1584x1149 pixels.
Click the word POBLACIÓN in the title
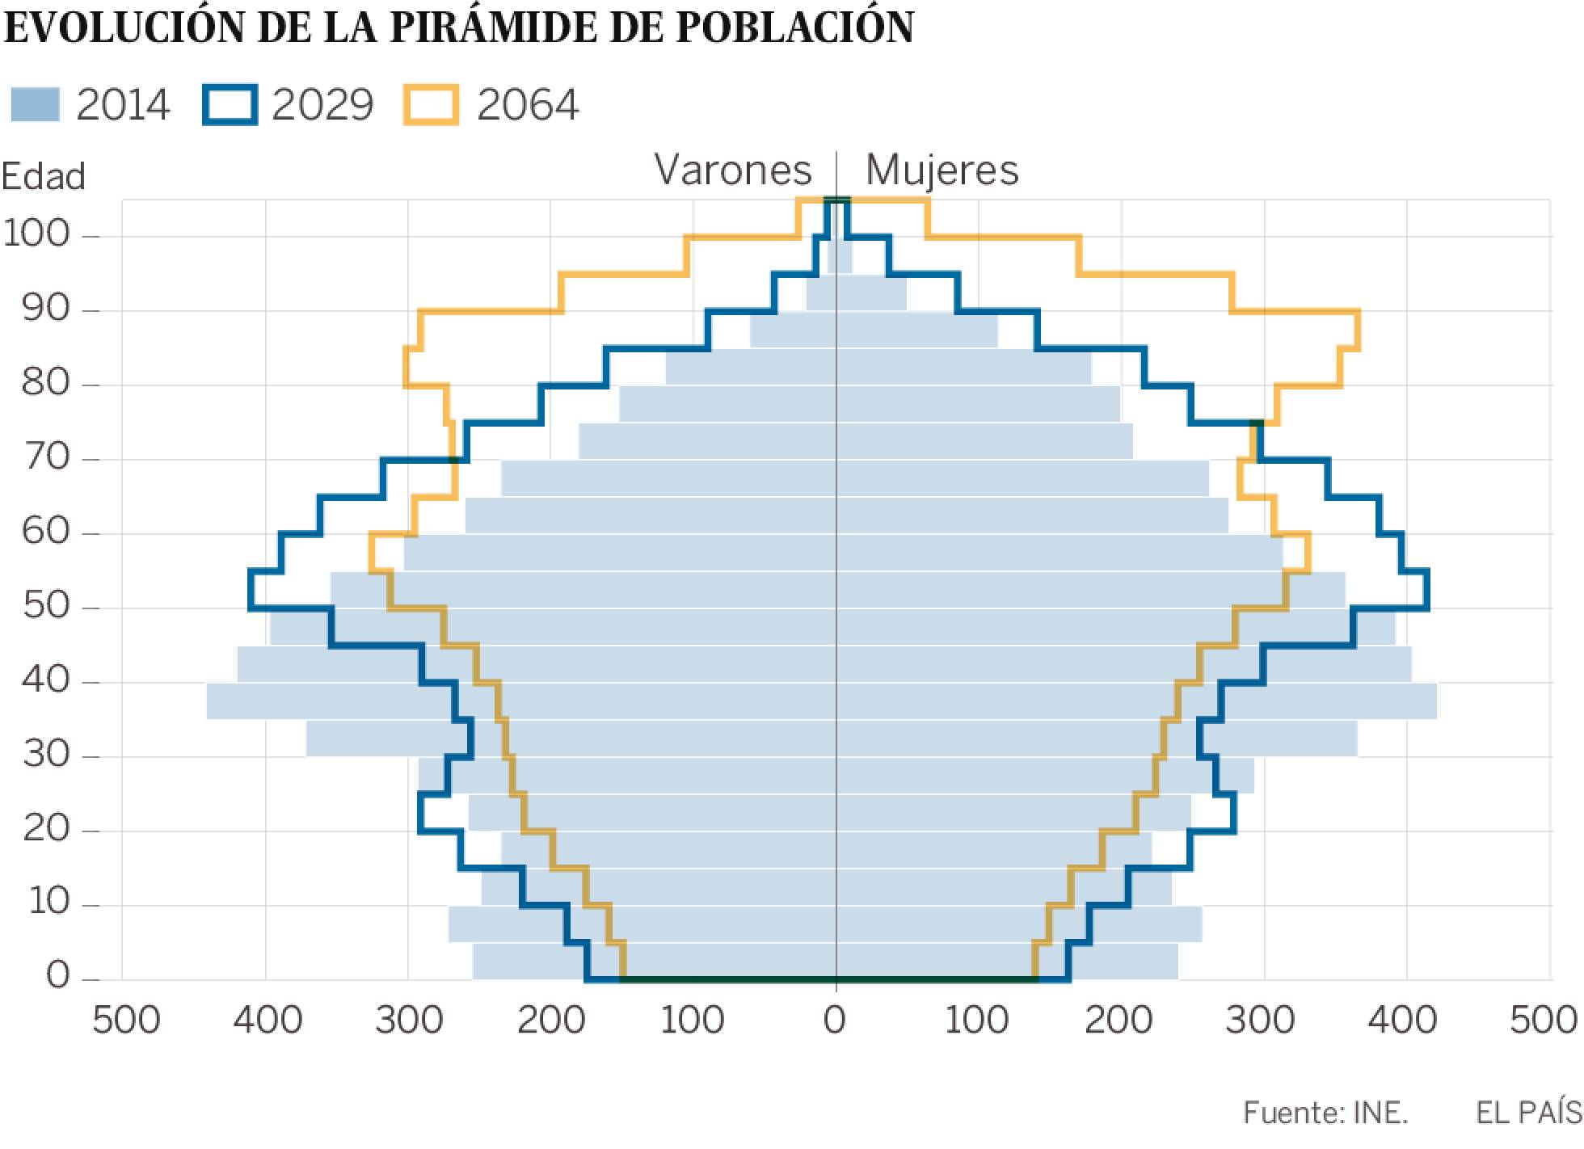click(794, 27)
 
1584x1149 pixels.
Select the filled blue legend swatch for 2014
click(35, 105)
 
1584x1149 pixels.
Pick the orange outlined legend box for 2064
click(431, 105)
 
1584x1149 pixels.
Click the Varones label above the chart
click(732, 170)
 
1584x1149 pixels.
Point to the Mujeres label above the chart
click(942, 170)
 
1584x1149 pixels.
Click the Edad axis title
click(43, 176)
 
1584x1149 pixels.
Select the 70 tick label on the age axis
click(46, 457)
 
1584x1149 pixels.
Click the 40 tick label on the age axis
click(46, 680)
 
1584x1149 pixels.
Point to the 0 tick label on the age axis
click(58, 976)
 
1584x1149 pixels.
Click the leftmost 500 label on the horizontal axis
click(126, 1021)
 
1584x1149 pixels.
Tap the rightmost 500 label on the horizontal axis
click(1544, 1021)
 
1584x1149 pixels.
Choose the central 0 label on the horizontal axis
click(835, 1021)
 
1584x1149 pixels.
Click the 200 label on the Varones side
click(551, 1021)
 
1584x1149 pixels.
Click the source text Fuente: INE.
click(1325, 1113)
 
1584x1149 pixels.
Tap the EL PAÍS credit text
click(1527, 1113)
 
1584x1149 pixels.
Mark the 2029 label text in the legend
click(322, 105)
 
